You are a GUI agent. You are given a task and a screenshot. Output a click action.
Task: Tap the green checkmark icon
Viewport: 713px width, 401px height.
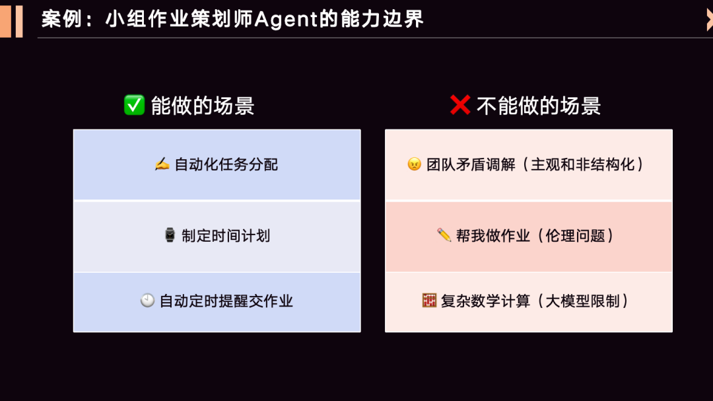pos(134,105)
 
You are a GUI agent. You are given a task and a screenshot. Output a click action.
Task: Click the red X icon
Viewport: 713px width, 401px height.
pos(459,105)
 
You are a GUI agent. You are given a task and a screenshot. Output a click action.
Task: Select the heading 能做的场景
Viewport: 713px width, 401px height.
pos(203,106)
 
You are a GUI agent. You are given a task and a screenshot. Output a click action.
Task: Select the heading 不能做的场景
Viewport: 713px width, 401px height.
pos(539,106)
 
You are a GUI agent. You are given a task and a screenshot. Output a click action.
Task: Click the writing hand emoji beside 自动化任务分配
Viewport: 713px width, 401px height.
pos(162,164)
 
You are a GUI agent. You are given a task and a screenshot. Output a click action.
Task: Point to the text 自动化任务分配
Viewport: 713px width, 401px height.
pos(226,164)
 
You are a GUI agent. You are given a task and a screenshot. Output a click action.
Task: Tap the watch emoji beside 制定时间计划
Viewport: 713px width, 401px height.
pos(170,235)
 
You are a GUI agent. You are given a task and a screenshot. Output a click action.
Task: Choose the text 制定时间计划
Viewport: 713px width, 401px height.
pos(226,236)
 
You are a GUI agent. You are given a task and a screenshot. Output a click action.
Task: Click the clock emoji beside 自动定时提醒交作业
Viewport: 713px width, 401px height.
pos(147,301)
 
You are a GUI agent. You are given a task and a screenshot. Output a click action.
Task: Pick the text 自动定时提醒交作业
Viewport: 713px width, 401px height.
pos(226,301)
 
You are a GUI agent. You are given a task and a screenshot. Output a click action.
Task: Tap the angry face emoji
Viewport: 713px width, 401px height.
pos(414,164)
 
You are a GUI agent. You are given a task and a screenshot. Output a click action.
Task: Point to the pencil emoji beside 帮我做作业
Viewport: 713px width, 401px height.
pos(444,235)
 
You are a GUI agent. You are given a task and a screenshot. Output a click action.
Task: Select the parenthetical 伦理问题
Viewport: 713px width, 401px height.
pos(576,236)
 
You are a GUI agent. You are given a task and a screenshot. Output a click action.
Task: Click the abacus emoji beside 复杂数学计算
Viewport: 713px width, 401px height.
pos(429,301)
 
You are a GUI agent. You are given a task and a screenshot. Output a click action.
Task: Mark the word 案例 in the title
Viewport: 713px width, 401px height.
pos(61,19)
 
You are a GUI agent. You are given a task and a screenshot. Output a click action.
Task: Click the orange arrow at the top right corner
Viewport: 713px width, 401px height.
pos(709,20)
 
